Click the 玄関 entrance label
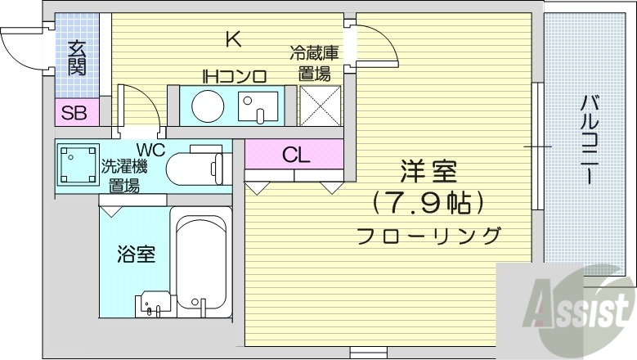[77, 58]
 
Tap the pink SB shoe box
[75, 113]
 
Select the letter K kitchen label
[233, 38]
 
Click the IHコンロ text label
[235, 77]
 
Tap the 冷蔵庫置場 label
[314, 65]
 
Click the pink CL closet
[294, 154]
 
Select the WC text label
[151, 150]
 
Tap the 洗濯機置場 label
[123, 175]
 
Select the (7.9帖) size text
[428, 201]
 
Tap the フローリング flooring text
[428, 236]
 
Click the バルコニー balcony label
[588, 139]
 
